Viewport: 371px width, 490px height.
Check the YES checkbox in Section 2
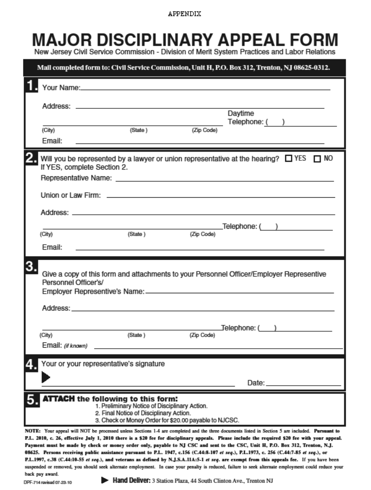[289, 158]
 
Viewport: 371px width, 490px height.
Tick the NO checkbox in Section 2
[318, 159]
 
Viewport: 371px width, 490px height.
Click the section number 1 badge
[32, 86]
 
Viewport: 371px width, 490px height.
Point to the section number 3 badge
[32, 267]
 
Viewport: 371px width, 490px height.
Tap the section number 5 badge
[32, 400]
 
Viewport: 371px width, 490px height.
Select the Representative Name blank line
[224, 181]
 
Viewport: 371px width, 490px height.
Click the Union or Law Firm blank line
[220, 197]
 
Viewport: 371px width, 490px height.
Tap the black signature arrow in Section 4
[46, 377]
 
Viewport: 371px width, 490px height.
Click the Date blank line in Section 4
[303, 386]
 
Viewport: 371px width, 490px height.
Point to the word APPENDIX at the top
[184, 14]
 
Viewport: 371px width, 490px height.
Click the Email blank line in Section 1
[199, 143]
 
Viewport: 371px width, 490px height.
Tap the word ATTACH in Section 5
[59, 399]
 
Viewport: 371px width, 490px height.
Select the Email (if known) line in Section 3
[218, 348]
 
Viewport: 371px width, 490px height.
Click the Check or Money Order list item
[167, 421]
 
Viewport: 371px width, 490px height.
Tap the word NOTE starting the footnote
[32, 431]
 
